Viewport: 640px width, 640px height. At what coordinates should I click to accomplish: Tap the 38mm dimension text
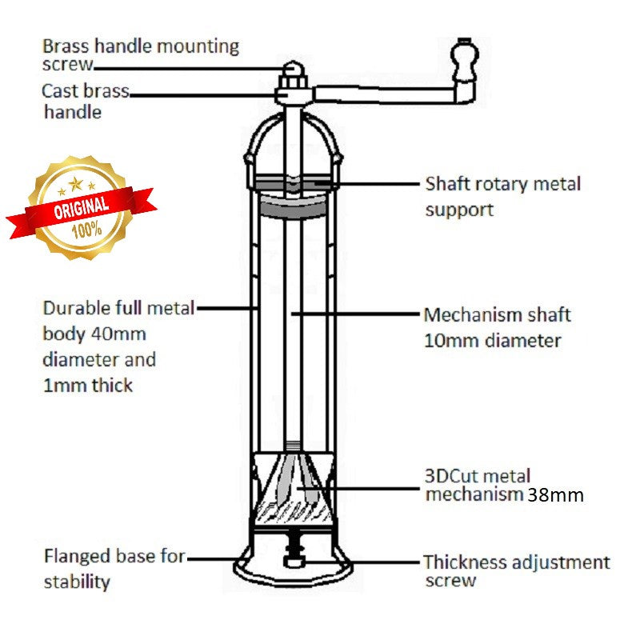(x=555, y=495)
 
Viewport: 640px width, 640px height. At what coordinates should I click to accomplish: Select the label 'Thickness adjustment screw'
(x=516, y=571)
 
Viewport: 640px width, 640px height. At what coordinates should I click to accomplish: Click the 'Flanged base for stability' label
(x=114, y=568)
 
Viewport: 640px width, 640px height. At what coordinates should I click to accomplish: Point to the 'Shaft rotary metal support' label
(x=502, y=196)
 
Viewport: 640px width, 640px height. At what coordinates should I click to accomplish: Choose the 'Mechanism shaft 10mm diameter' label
(x=497, y=327)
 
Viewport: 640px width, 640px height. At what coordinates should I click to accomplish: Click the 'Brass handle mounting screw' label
(x=140, y=54)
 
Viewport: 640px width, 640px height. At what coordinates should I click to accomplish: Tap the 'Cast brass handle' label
(x=85, y=101)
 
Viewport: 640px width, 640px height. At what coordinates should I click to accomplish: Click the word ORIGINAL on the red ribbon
(x=81, y=206)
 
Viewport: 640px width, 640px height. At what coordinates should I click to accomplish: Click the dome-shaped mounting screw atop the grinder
(x=292, y=74)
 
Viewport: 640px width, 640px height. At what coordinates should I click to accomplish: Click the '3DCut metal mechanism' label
(x=477, y=486)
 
